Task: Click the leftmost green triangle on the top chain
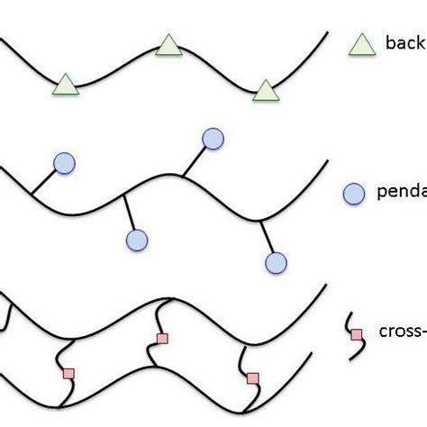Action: tap(64, 86)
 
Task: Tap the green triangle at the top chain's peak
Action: tap(167, 45)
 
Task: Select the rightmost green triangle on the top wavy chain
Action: tap(264, 90)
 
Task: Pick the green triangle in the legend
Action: tap(360, 43)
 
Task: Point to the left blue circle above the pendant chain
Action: tap(65, 162)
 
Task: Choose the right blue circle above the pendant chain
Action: tap(213, 138)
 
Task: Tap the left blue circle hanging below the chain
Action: tap(136, 240)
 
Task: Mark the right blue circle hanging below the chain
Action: tap(276, 262)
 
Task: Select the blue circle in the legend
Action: tap(355, 193)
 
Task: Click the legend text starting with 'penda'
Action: tap(401, 193)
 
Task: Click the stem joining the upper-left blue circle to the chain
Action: tap(44, 179)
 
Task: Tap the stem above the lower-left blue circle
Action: tap(131, 213)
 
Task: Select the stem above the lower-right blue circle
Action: tap(268, 238)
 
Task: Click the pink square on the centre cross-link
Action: tap(162, 339)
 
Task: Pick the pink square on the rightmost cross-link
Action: tap(252, 378)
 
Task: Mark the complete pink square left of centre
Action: tap(68, 373)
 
